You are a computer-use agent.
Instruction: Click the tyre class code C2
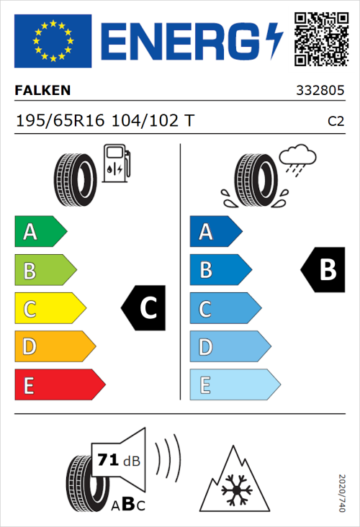coord(336,121)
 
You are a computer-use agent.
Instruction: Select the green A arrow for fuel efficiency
coord(40,232)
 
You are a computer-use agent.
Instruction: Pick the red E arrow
coord(59,386)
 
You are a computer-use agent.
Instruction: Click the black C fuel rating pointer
coord(144,309)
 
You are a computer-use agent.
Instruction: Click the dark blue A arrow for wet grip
coord(215,232)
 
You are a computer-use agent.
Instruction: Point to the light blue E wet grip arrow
coord(234,386)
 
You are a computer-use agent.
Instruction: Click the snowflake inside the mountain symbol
coord(233,491)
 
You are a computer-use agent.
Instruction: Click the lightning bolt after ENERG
coord(274,41)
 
